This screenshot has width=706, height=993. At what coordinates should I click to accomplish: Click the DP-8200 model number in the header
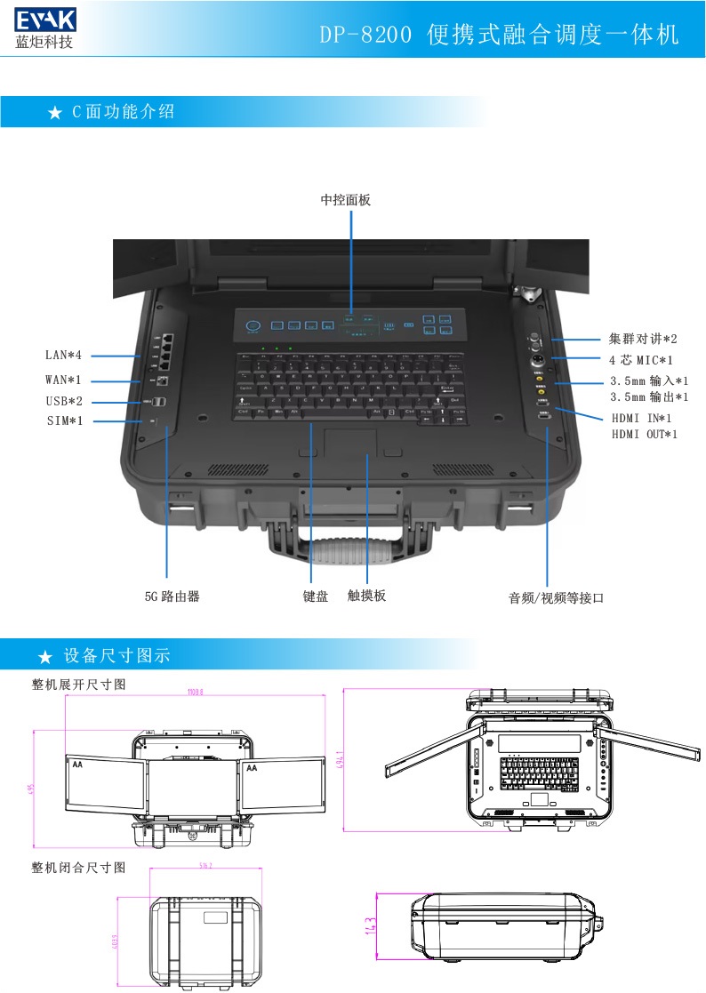(365, 36)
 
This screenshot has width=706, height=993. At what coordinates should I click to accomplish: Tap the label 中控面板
(345, 200)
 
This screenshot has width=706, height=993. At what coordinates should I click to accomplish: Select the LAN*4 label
(63, 356)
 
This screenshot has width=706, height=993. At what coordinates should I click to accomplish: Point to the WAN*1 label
(63, 380)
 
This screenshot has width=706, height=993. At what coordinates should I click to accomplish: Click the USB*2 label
(63, 401)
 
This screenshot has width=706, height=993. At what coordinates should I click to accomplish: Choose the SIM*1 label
(63, 420)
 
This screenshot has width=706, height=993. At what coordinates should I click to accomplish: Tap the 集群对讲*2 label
(642, 339)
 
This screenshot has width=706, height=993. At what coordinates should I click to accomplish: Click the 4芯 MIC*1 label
(640, 360)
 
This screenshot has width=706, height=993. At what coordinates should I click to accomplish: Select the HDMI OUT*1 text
(644, 434)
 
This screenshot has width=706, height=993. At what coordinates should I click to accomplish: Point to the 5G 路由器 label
(172, 597)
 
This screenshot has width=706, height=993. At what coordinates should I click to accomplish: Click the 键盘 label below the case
(316, 597)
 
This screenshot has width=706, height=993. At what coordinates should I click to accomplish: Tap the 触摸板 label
(366, 596)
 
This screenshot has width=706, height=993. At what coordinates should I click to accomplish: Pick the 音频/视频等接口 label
(555, 598)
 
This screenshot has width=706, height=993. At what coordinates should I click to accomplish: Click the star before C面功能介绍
(54, 112)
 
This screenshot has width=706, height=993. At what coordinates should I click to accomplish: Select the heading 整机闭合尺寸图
(78, 867)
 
